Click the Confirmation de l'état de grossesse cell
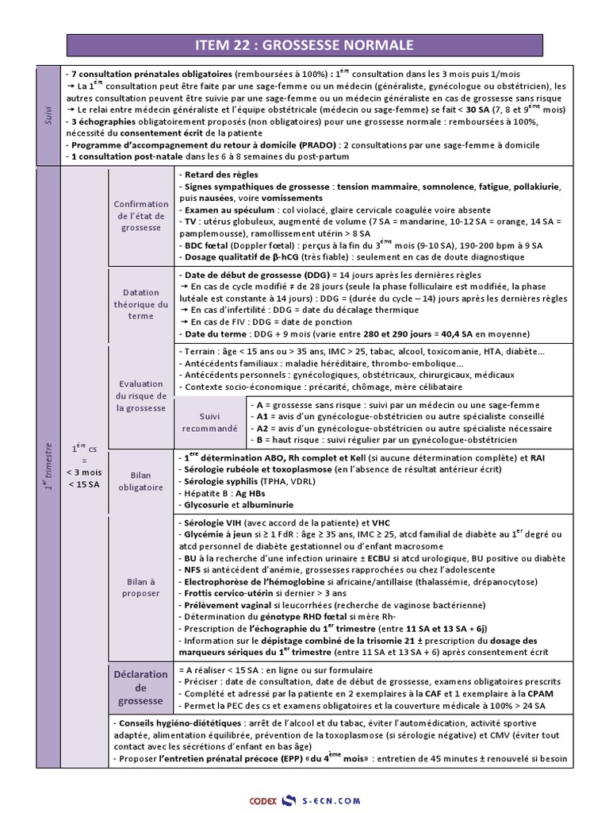pyautogui.click(x=141, y=215)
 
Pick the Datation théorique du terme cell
pyautogui.click(x=141, y=304)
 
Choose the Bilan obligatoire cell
pyautogui.click(x=141, y=480)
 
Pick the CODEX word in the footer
pyautogui.click(x=264, y=800)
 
